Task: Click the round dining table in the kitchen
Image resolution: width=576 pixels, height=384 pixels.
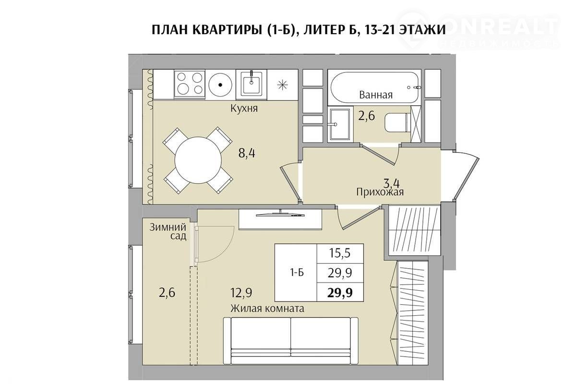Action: click(x=198, y=160)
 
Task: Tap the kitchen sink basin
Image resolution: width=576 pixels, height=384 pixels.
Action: click(x=251, y=84)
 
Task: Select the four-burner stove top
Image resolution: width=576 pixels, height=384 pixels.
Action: click(x=190, y=84)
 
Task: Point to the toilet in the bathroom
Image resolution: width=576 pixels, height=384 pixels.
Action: click(x=396, y=123)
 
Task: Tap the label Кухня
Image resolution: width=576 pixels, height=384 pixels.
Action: click(x=244, y=108)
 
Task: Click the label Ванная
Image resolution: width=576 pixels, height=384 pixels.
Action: click(x=376, y=95)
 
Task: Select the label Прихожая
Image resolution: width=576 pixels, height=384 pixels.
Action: click(x=380, y=192)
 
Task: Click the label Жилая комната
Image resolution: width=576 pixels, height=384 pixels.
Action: click(x=267, y=308)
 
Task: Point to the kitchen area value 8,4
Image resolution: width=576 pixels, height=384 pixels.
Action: click(x=247, y=153)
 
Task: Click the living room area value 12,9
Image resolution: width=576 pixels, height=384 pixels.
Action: click(x=241, y=293)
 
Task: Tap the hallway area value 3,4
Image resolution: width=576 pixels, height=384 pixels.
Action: click(x=391, y=184)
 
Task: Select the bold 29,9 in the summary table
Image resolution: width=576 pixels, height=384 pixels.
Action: click(x=340, y=293)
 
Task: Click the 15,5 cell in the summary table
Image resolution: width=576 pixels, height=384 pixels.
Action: click(x=340, y=253)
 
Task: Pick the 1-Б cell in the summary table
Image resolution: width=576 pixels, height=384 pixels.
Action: click(x=297, y=273)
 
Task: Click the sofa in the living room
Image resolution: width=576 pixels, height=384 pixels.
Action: click(x=291, y=341)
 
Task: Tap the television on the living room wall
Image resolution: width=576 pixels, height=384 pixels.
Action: click(x=280, y=214)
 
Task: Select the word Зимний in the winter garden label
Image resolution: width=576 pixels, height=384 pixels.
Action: click(x=168, y=227)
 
